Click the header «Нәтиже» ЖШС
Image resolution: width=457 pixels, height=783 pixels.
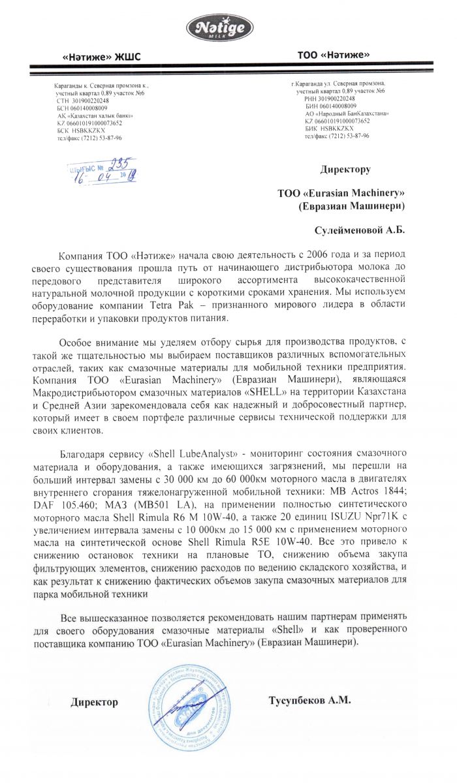[x=101, y=57]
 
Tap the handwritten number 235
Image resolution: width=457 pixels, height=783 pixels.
[x=120, y=164]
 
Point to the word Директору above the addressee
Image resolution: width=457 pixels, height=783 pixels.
[x=345, y=170]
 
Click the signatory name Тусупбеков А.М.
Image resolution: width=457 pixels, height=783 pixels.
[x=309, y=701]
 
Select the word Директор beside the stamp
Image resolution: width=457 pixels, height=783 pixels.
[x=95, y=702]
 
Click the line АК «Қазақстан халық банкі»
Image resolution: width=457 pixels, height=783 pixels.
[x=91, y=115]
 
